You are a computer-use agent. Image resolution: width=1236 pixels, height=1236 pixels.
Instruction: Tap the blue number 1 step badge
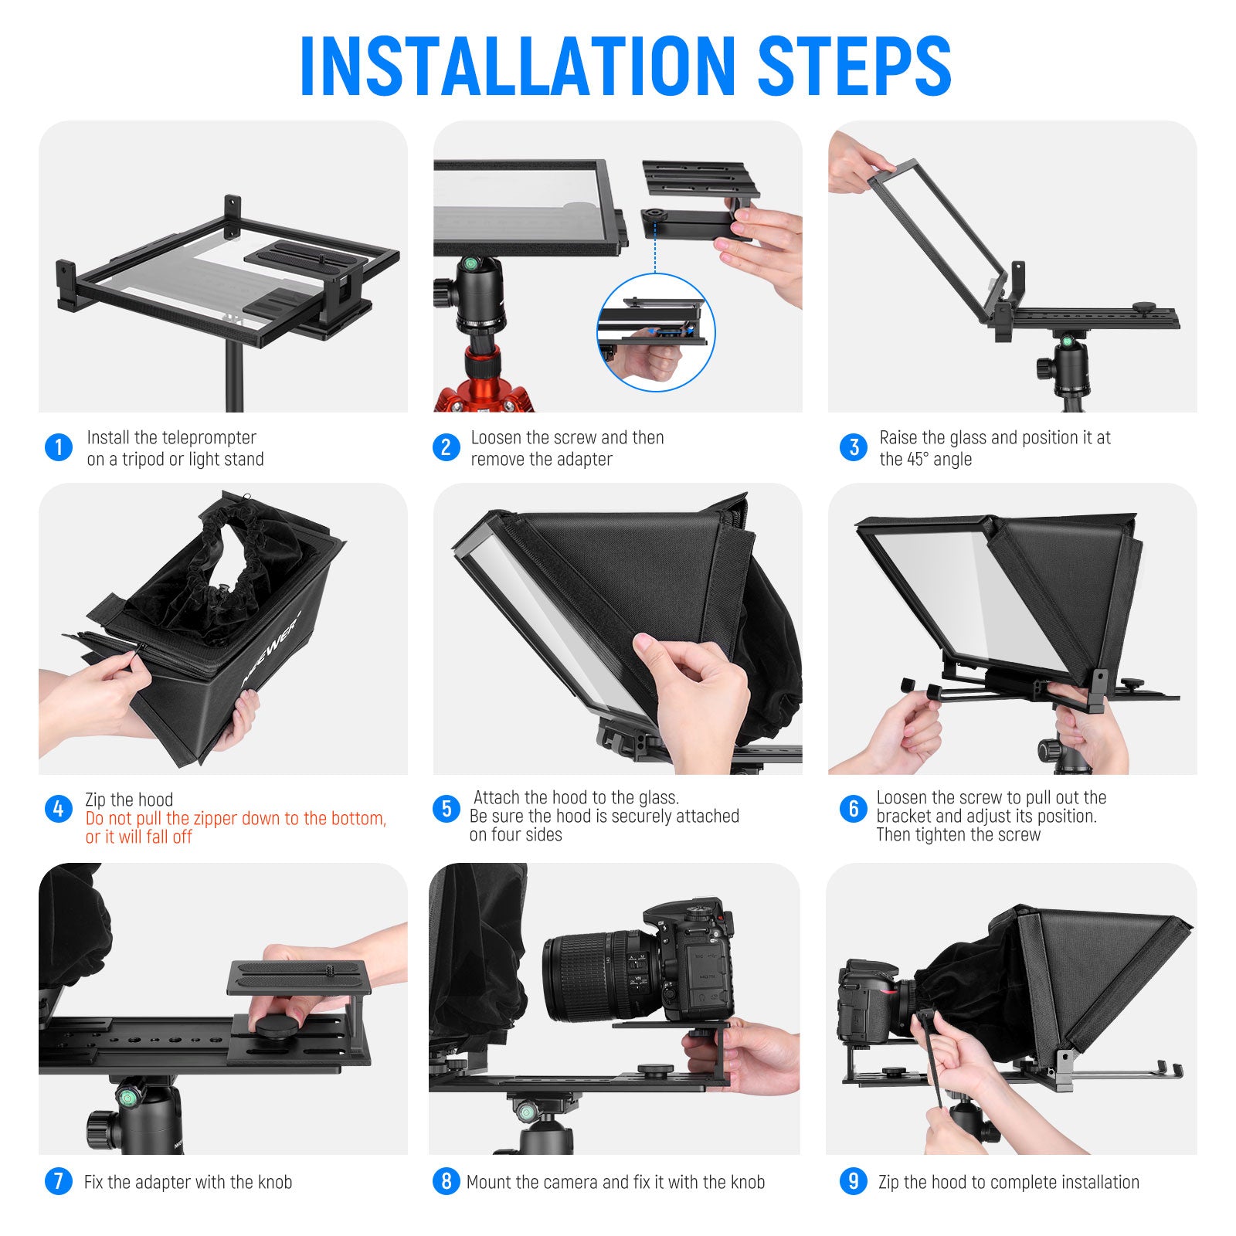tap(59, 447)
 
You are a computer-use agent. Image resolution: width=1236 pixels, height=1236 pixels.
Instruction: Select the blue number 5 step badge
tap(446, 809)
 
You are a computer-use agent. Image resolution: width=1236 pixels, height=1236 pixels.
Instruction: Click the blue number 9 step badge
tap(853, 1181)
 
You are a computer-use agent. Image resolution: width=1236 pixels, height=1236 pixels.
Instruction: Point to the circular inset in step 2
tap(656, 332)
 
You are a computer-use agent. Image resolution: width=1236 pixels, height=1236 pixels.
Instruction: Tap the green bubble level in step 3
tap(1067, 341)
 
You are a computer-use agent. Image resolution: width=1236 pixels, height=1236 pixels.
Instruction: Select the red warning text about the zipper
tap(236, 827)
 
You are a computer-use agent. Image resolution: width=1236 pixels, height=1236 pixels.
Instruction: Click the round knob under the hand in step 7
tap(277, 1027)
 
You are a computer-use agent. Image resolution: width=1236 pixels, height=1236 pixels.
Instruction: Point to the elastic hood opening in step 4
tap(247, 556)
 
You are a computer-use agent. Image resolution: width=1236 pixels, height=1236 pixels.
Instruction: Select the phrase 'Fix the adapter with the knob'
tap(188, 1182)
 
